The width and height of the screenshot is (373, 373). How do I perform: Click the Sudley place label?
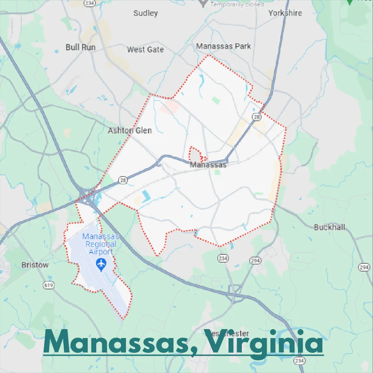[x=145, y=13]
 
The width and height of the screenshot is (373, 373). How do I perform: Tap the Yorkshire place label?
[x=285, y=13]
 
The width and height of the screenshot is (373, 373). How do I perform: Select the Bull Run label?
[x=81, y=47]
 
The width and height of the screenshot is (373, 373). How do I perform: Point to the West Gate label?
[x=145, y=49]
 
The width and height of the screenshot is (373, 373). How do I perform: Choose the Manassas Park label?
[x=223, y=46]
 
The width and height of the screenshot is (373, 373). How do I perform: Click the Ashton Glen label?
[x=130, y=130]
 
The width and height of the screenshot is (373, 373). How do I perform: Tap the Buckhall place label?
[x=329, y=227]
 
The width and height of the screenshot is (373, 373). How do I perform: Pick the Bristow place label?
[x=35, y=265]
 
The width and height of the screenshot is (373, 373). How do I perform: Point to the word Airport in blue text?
[x=101, y=252]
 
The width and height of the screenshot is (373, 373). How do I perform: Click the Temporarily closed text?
[x=237, y=4]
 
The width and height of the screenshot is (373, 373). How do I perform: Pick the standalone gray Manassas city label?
[x=208, y=165]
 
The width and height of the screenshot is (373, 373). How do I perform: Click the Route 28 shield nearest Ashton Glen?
[x=123, y=181]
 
